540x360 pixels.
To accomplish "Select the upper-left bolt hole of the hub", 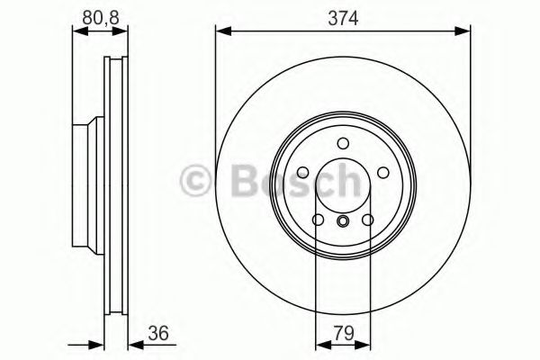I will [302, 173].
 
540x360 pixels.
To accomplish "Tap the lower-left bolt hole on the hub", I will [318, 220].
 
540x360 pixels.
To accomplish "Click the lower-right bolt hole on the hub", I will [367, 220].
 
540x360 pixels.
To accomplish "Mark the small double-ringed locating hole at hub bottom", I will [342, 222].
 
